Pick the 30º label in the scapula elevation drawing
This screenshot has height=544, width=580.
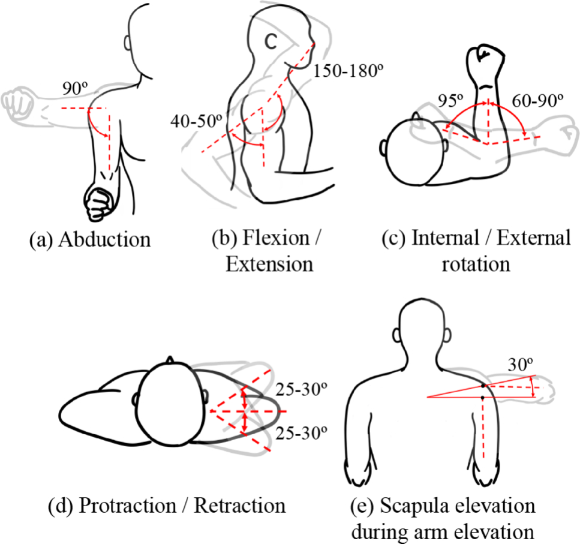pyautogui.click(x=518, y=365)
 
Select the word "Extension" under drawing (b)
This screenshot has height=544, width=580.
pyautogui.click(x=270, y=264)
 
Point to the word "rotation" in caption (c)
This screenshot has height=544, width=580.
pyautogui.click(x=476, y=264)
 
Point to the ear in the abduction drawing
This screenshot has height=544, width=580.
pyautogui.click(x=128, y=43)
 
